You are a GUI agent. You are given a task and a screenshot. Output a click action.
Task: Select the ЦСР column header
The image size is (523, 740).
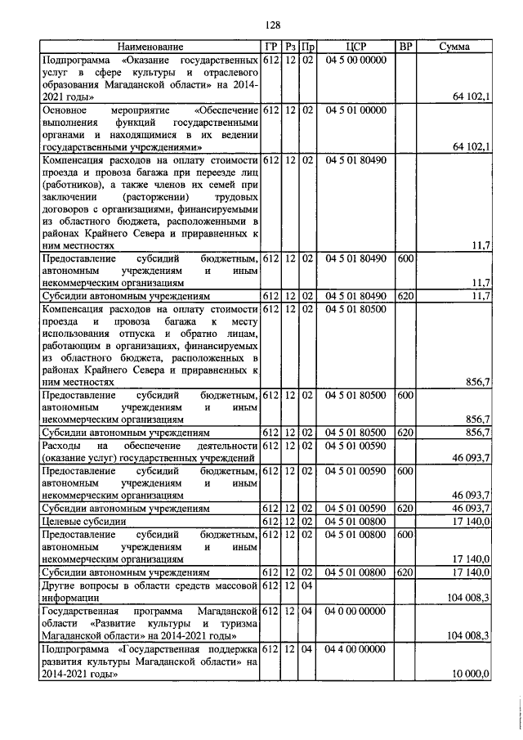click(x=355, y=47)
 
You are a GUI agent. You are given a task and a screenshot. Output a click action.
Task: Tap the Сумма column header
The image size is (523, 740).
click(x=454, y=47)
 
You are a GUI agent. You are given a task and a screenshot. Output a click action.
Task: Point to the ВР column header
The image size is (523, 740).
click(x=405, y=47)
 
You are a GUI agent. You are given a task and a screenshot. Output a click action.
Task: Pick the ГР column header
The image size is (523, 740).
click(x=270, y=47)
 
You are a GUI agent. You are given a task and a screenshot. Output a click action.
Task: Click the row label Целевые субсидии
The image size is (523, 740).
click(x=83, y=521)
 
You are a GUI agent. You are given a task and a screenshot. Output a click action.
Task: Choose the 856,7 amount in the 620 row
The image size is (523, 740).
click(x=476, y=432)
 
